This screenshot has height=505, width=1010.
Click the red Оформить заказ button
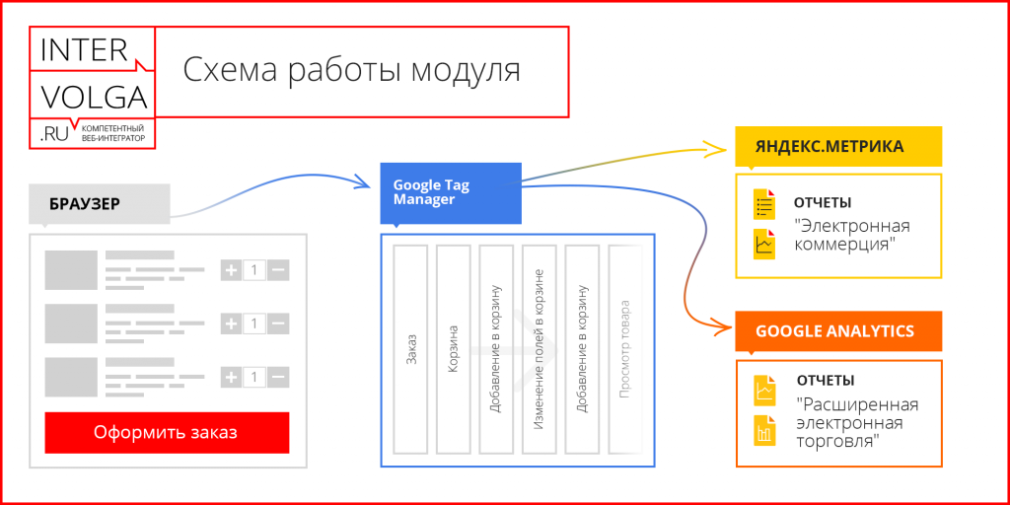(x=167, y=432)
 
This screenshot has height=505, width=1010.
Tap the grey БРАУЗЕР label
(x=85, y=204)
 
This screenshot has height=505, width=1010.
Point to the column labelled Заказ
(x=410, y=352)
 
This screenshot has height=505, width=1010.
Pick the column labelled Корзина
(x=453, y=352)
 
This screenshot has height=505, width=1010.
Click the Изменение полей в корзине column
(x=539, y=352)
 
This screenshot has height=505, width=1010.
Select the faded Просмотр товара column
(x=624, y=352)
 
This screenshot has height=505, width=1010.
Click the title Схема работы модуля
(x=351, y=71)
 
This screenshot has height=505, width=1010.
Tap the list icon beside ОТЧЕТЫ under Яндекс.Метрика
(x=763, y=205)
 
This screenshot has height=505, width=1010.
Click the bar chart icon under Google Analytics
(x=763, y=429)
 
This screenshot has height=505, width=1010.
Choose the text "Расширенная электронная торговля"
(x=856, y=423)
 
